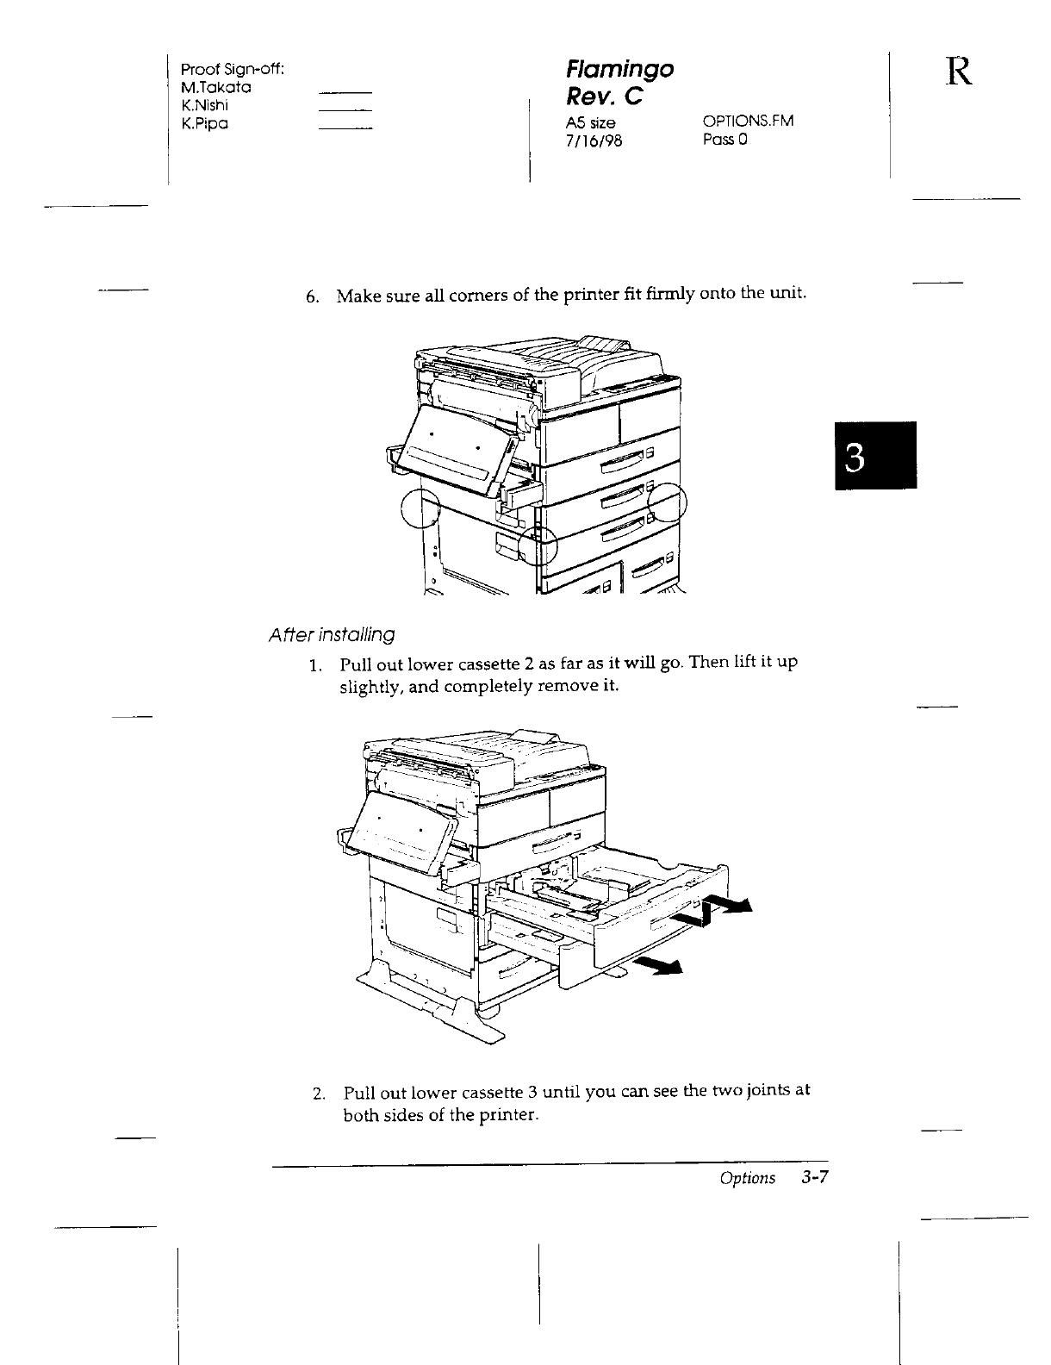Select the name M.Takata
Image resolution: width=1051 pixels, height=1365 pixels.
pos(215,87)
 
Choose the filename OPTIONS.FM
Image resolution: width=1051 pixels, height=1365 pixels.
pos(748,122)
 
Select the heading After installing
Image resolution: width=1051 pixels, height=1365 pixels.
pos(332,635)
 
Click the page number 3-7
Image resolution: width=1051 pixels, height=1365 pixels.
pos(819,1178)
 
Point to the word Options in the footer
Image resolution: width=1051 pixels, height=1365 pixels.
pos(748,1178)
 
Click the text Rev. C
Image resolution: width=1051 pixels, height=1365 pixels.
pos(605,96)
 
